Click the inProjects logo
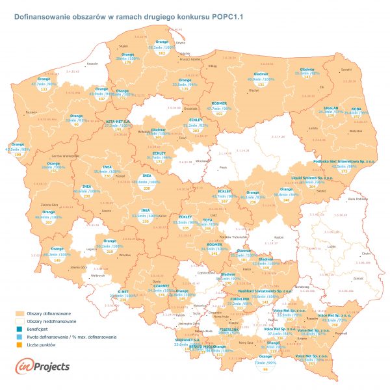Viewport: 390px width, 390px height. pyautogui.click(x=42, y=367)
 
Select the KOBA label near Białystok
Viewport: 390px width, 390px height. pyautogui.click(x=356, y=108)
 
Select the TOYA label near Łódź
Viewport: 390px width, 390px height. pyautogui.click(x=208, y=220)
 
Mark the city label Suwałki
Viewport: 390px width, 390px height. pyautogui.click(x=346, y=68)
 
